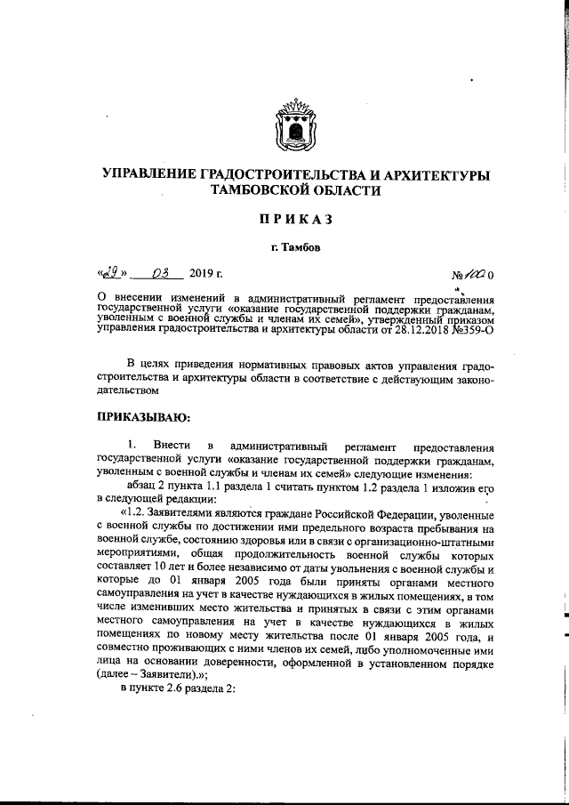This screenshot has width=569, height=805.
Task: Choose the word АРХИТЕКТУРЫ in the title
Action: tap(428, 173)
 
